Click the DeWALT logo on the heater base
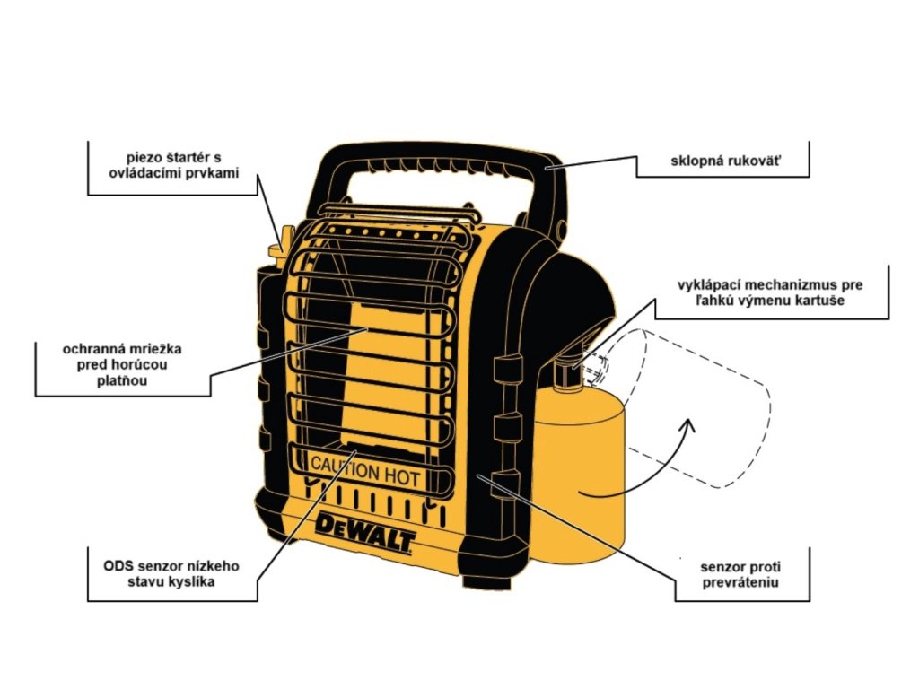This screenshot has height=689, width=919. coord(365,533)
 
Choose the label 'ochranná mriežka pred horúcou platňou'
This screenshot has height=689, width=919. coord(122,363)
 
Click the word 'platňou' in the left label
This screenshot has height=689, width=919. coord(123,380)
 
